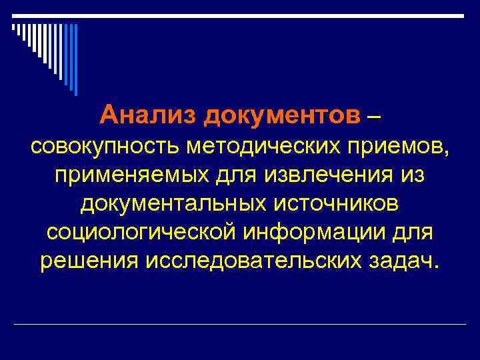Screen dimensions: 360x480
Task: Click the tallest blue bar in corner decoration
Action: coord(75,60)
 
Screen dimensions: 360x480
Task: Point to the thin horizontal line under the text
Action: coord(240,325)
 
